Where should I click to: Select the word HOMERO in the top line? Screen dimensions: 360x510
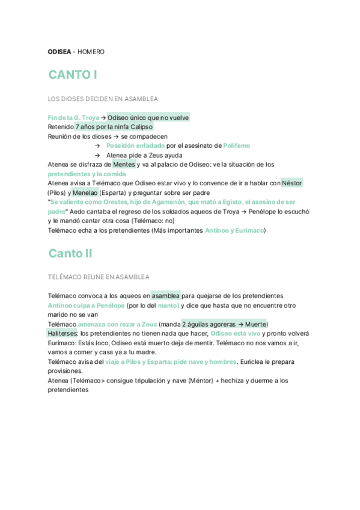tap(91, 52)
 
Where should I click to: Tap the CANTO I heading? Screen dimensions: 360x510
tap(73, 75)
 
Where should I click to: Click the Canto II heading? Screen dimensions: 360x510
tap(70, 253)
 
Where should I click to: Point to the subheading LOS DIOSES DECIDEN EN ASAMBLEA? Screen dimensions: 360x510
tap(103, 98)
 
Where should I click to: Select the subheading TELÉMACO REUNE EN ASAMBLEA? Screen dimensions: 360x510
tap(99, 277)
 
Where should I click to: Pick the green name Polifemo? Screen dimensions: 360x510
tap(236, 146)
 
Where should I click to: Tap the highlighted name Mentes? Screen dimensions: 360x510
tap(124, 164)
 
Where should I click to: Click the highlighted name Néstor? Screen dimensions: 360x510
tap(292, 183)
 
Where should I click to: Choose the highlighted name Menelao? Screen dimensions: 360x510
tap(85, 192)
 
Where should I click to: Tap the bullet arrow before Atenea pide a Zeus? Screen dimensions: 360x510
tap(97, 155)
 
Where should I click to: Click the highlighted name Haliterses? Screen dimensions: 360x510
tap(63, 333)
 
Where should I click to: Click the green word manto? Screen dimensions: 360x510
tap(168, 305)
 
